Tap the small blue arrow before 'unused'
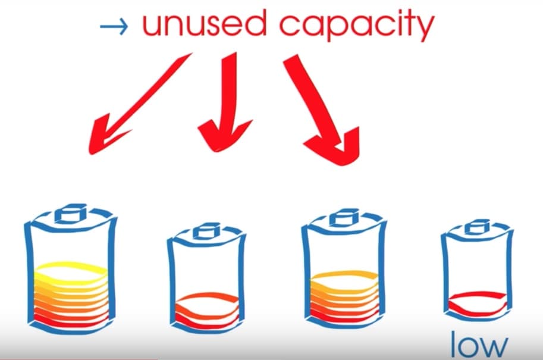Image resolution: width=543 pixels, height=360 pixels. point(114,26)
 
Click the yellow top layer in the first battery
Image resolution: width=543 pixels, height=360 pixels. point(71,275)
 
